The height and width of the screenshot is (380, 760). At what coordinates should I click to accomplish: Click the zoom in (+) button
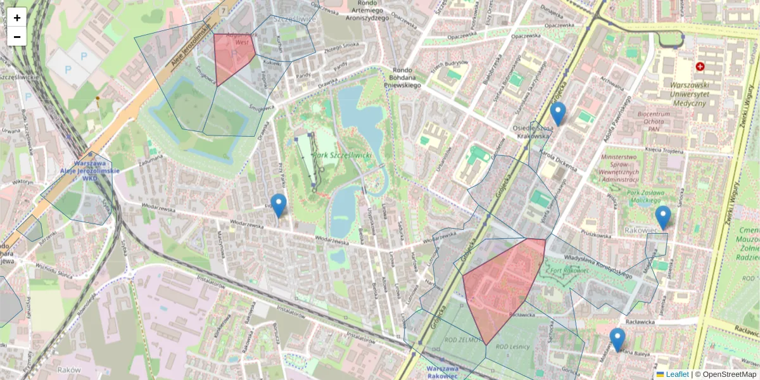[x=17, y=18]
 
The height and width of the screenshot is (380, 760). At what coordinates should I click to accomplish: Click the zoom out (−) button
[x=17, y=37]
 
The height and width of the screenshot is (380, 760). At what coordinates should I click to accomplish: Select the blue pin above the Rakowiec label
[x=662, y=217]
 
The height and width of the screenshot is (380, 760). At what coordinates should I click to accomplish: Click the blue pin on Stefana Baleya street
[x=617, y=339]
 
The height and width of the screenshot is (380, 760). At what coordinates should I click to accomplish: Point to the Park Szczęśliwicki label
[x=346, y=155]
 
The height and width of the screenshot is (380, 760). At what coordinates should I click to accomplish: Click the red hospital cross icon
[x=700, y=66]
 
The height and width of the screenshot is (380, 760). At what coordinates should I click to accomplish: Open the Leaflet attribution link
[x=676, y=374]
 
